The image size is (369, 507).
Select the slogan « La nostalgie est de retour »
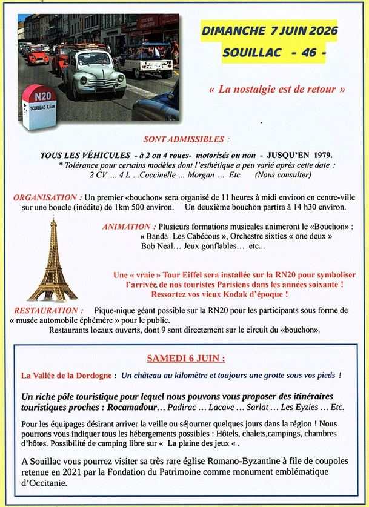(x=276, y=89)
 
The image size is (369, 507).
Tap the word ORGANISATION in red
(x=47, y=197)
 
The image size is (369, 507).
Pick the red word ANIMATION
(x=126, y=227)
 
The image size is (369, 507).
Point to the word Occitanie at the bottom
(x=42, y=484)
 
